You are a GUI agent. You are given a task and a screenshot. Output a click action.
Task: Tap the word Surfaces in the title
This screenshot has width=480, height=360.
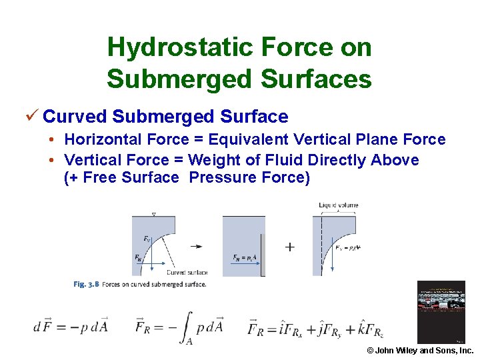click(x=317, y=79)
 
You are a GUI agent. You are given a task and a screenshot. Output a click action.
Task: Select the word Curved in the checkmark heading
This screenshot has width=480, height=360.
click(x=75, y=117)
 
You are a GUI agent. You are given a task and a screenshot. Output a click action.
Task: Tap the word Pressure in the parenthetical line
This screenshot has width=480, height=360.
click(x=219, y=177)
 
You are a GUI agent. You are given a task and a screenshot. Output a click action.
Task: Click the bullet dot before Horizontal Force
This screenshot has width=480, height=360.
click(x=51, y=139)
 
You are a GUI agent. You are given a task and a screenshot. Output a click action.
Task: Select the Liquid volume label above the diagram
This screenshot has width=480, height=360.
click(x=338, y=205)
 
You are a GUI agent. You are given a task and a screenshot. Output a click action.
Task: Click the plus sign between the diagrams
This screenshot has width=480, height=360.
click(x=289, y=247)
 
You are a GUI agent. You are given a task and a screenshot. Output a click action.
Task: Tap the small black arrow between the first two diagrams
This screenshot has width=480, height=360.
click(x=196, y=246)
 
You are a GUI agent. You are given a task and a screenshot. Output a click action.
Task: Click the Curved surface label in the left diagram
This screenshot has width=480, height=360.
click(x=187, y=272)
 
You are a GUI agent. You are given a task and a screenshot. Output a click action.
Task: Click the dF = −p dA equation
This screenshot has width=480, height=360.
click(x=71, y=327)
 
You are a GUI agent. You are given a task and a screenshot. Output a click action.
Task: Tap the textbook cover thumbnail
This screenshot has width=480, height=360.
click(x=441, y=312)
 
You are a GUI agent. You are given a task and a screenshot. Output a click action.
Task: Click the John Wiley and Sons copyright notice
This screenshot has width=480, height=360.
click(x=420, y=351)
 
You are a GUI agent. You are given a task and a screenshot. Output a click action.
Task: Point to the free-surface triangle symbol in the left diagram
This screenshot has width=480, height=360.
click(x=154, y=214)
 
